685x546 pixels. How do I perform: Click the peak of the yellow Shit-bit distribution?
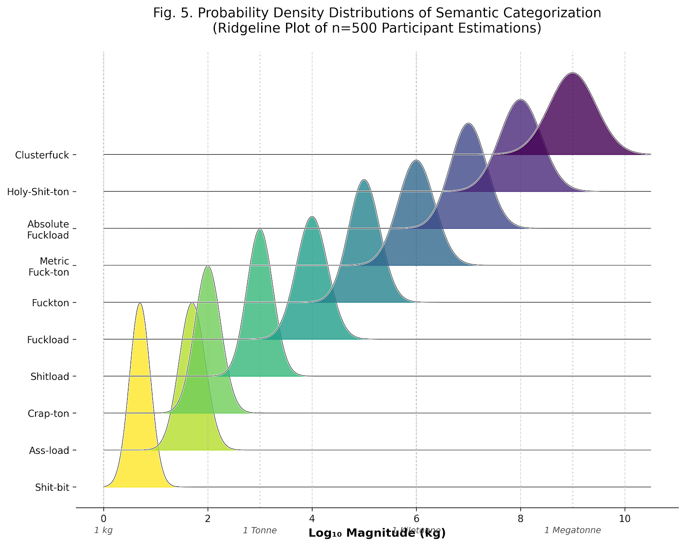pyautogui.click(x=140, y=304)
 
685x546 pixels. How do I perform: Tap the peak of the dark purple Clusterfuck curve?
pyautogui.click(x=573, y=74)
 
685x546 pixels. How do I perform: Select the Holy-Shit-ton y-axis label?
pyautogui.click(x=38, y=192)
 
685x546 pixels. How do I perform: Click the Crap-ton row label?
pyautogui.click(x=48, y=414)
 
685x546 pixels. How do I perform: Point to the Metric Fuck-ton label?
pyautogui.click(x=48, y=266)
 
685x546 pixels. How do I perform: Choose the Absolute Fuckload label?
pyautogui.click(x=48, y=229)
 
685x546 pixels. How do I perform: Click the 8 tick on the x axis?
pyautogui.click(x=521, y=519)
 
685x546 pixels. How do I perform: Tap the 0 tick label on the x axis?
pyautogui.click(x=103, y=519)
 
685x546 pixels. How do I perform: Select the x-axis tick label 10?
pyautogui.click(x=625, y=519)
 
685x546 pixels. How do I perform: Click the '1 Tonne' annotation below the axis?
pyautogui.click(x=260, y=531)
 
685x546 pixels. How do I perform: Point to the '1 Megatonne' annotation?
pyautogui.click(x=572, y=531)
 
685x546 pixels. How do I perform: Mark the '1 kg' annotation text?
pyautogui.click(x=103, y=531)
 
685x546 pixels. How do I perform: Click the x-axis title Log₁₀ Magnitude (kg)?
pyautogui.click(x=377, y=533)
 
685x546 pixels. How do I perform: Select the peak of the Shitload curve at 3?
pyautogui.click(x=260, y=230)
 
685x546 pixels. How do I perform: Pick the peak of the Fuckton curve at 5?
pyautogui.click(x=364, y=180)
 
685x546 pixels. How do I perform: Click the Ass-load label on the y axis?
pyautogui.click(x=49, y=450)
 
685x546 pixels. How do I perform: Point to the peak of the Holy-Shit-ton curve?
pyautogui.click(x=521, y=100)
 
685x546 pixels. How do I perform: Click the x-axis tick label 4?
pyautogui.click(x=312, y=519)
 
